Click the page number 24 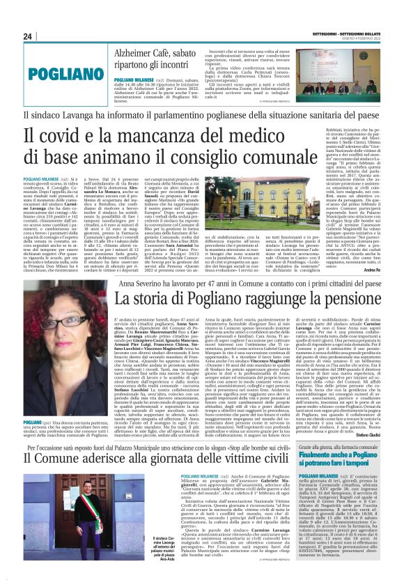28,36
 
